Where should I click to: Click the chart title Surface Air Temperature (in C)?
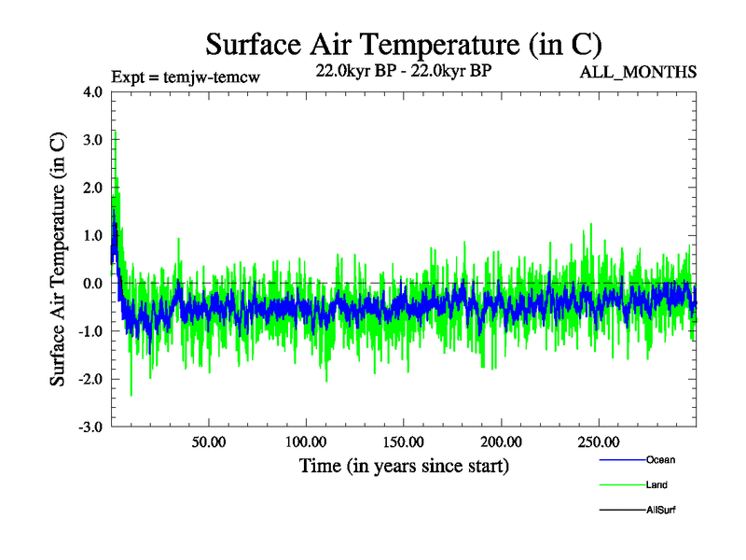(404, 44)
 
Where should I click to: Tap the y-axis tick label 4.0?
(94, 92)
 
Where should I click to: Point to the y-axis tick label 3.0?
(94, 140)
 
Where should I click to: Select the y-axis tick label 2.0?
(94, 188)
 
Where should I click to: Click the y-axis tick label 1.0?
(94, 235)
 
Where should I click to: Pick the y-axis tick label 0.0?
(94, 283)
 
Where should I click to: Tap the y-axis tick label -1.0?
(92, 330)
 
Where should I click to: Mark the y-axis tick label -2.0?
(92, 379)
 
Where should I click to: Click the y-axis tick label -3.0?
(92, 427)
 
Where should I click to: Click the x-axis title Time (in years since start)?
(404, 465)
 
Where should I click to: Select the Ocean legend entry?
(660, 459)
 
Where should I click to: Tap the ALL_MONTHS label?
(638, 73)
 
